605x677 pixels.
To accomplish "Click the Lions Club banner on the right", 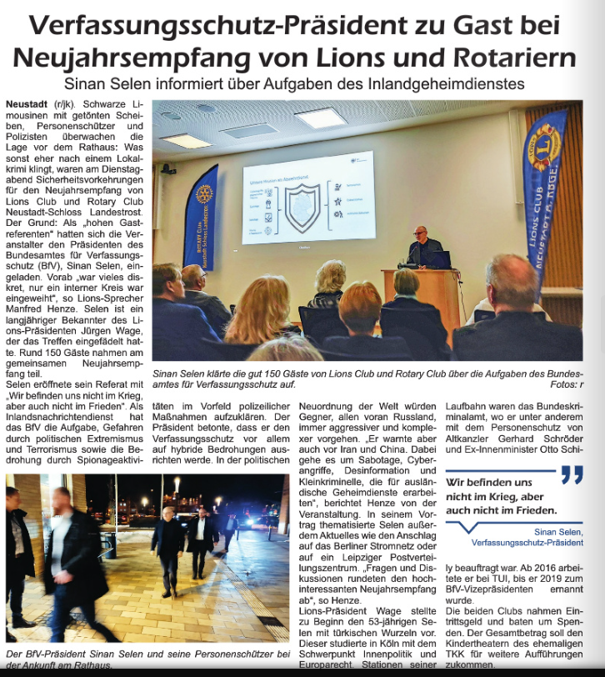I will (x=546, y=192).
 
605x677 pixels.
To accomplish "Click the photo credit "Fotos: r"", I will (x=562, y=385).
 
